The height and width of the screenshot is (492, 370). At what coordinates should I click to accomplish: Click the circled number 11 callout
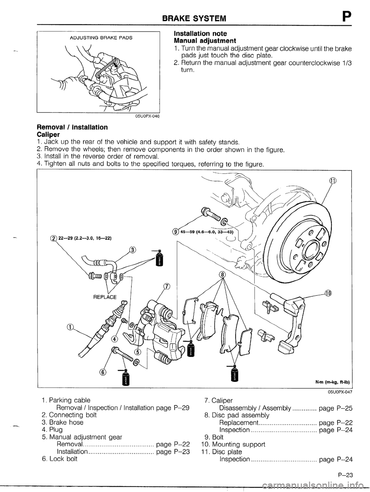click(332, 181)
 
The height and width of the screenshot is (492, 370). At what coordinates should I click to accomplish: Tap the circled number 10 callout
click(328, 292)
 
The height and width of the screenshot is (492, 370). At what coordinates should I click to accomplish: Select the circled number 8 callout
click(222, 275)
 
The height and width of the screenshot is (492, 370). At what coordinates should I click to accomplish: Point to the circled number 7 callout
click(166, 286)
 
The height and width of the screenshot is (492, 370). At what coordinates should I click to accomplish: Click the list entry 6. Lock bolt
click(59, 459)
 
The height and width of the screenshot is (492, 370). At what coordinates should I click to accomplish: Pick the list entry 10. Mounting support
click(233, 444)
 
